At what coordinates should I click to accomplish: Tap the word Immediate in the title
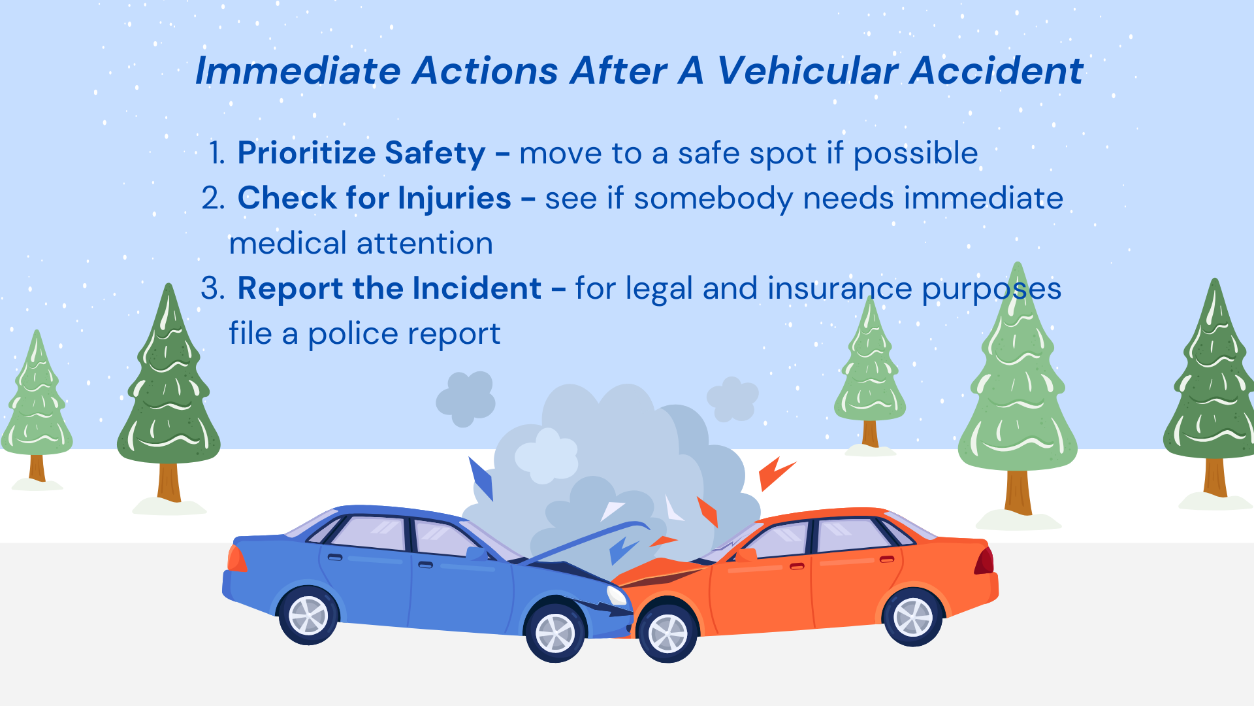(x=298, y=71)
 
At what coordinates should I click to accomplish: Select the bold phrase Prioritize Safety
(x=361, y=154)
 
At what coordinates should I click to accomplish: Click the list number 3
(x=213, y=288)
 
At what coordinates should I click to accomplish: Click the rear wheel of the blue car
(x=308, y=615)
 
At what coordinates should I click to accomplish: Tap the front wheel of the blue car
(x=555, y=632)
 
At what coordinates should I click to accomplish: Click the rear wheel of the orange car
(x=912, y=616)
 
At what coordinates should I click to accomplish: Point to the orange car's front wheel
(x=668, y=632)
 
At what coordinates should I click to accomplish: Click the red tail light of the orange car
(x=985, y=561)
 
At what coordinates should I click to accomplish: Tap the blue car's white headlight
(x=617, y=595)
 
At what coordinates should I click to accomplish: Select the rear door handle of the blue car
(x=335, y=558)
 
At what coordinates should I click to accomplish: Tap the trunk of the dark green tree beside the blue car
(x=169, y=482)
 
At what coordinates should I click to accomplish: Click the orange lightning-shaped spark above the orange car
(x=776, y=473)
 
